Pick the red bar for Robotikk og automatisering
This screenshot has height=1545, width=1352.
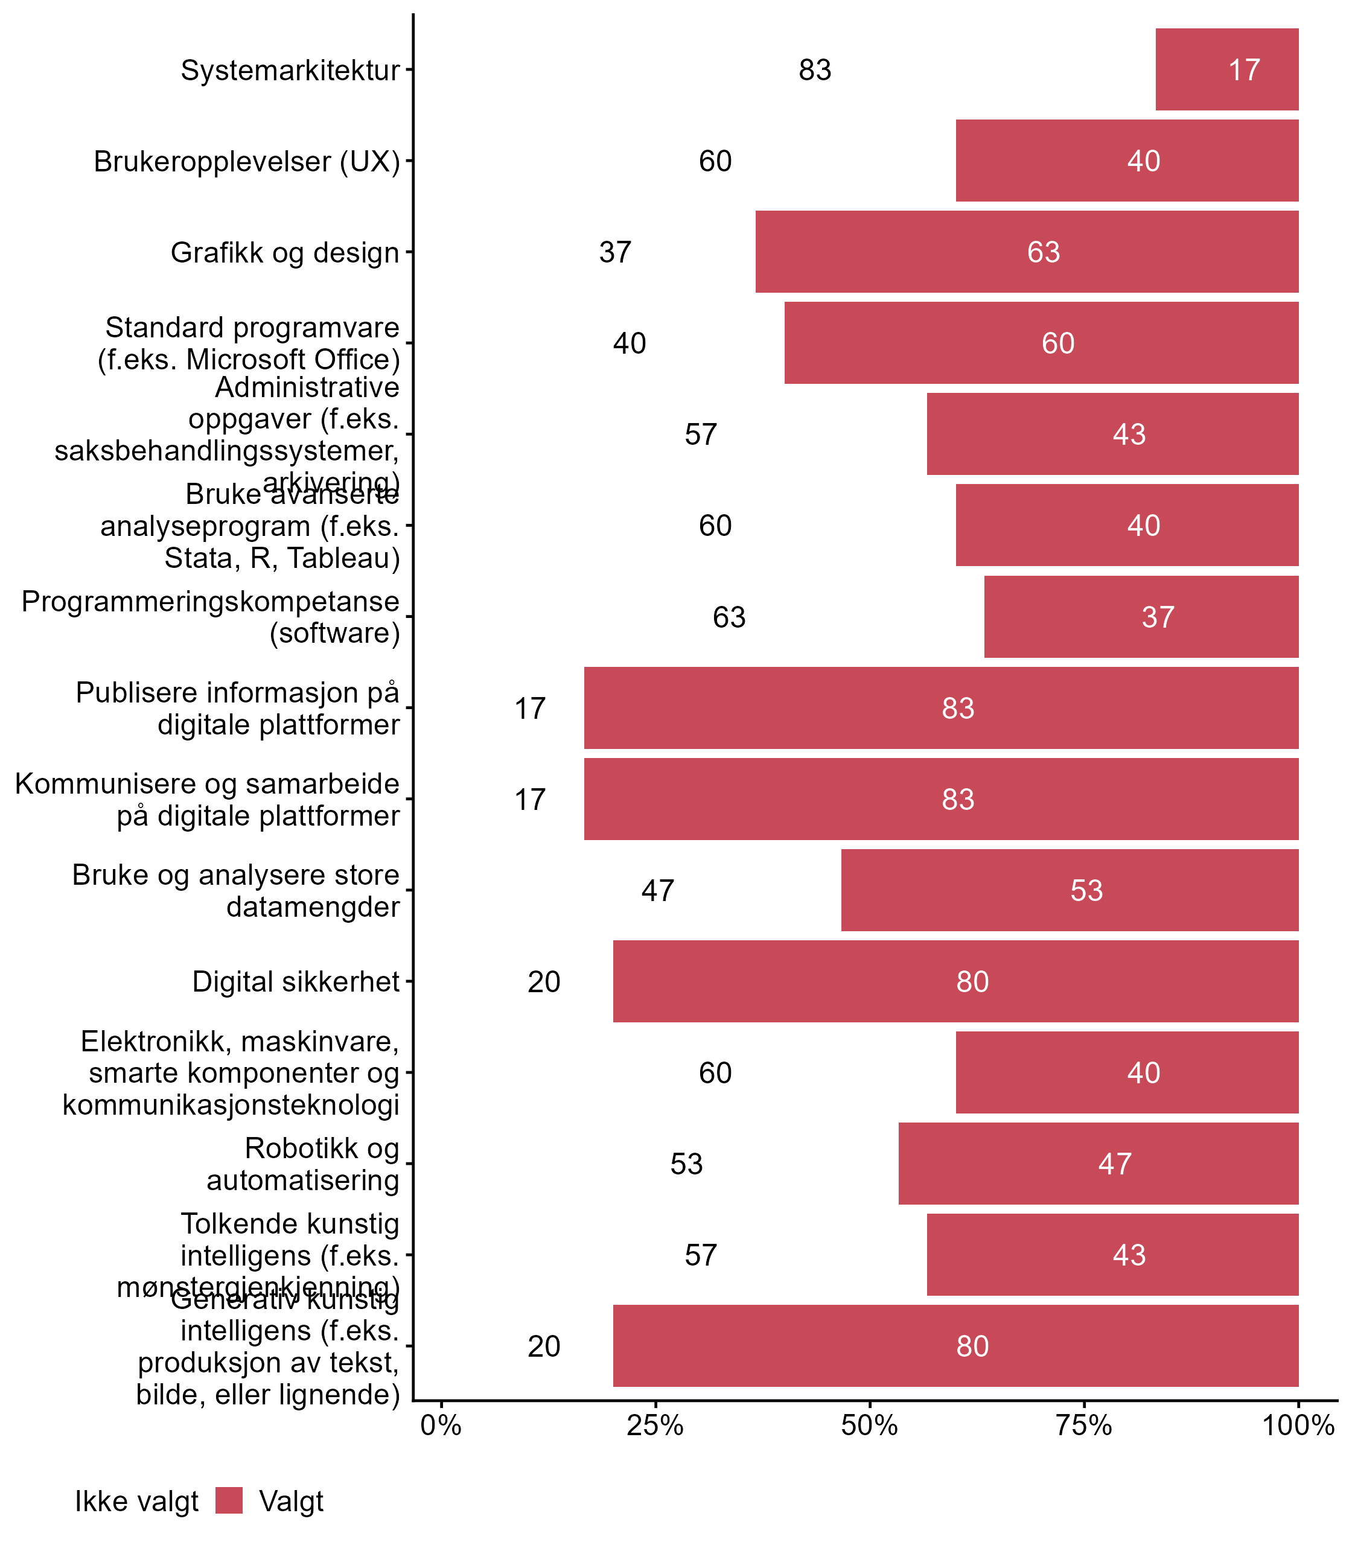click(x=1098, y=1164)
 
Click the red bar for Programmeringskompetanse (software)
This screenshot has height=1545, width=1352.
click(x=1141, y=616)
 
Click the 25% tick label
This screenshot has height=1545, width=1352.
click(x=655, y=1426)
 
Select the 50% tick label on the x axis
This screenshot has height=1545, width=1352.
click(x=869, y=1426)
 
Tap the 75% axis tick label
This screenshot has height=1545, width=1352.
click(x=1084, y=1426)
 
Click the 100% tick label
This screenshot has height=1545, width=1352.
click(x=1298, y=1426)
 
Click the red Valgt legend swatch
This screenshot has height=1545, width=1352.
click(x=229, y=1500)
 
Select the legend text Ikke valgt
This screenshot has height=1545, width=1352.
click(x=136, y=1502)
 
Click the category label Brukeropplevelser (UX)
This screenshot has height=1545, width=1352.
click(x=247, y=162)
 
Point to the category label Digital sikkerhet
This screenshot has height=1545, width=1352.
click(x=296, y=981)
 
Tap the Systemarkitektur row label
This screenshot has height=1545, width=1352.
click(x=290, y=70)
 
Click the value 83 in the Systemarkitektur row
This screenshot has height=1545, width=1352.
click(x=815, y=70)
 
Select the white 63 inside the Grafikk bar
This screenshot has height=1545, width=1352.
click(x=1044, y=252)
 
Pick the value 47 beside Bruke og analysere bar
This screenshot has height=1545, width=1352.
click(x=657, y=891)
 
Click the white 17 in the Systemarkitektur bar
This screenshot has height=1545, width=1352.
click(x=1244, y=70)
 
